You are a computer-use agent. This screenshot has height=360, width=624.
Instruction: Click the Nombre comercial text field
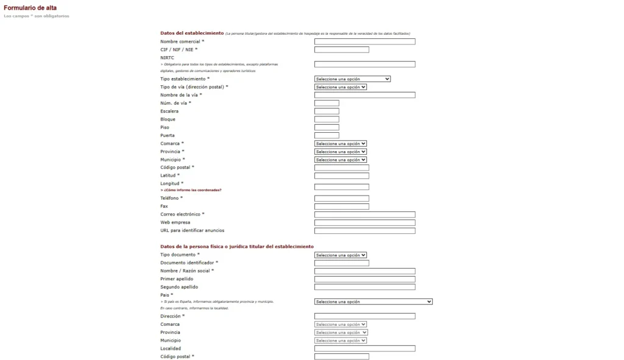pos(364,41)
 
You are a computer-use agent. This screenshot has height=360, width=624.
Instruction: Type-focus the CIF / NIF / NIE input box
pos(341,50)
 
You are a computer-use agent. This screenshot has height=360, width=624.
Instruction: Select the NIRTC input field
pos(364,64)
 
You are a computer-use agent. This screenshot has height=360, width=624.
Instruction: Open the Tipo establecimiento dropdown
pos(352,79)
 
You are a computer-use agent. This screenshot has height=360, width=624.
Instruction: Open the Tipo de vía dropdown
pos(341,87)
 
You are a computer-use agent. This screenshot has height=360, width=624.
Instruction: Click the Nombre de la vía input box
pos(364,95)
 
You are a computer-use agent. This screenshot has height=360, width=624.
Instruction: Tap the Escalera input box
pos(327,111)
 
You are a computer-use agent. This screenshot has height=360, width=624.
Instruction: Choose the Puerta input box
pos(327,135)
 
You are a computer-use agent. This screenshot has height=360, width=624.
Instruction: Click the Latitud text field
pos(341,176)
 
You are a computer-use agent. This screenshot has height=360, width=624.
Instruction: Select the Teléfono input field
pos(341,199)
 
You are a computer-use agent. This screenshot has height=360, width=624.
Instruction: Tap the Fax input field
pos(341,206)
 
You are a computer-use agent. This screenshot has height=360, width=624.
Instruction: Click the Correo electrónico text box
pos(364,214)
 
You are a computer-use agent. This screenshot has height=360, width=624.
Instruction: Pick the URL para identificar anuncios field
pos(364,231)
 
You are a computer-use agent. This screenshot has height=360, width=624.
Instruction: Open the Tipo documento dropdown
pos(341,255)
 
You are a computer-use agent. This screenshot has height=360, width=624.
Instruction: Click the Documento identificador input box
pos(341,263)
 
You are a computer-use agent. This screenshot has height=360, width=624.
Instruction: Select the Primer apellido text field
pos(364,279)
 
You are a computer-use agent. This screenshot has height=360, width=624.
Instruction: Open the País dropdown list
pos(373,302)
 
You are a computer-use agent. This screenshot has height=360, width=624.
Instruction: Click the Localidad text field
pos(364,348)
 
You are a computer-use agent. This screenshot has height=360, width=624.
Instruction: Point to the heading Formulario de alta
pos(30,8)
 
